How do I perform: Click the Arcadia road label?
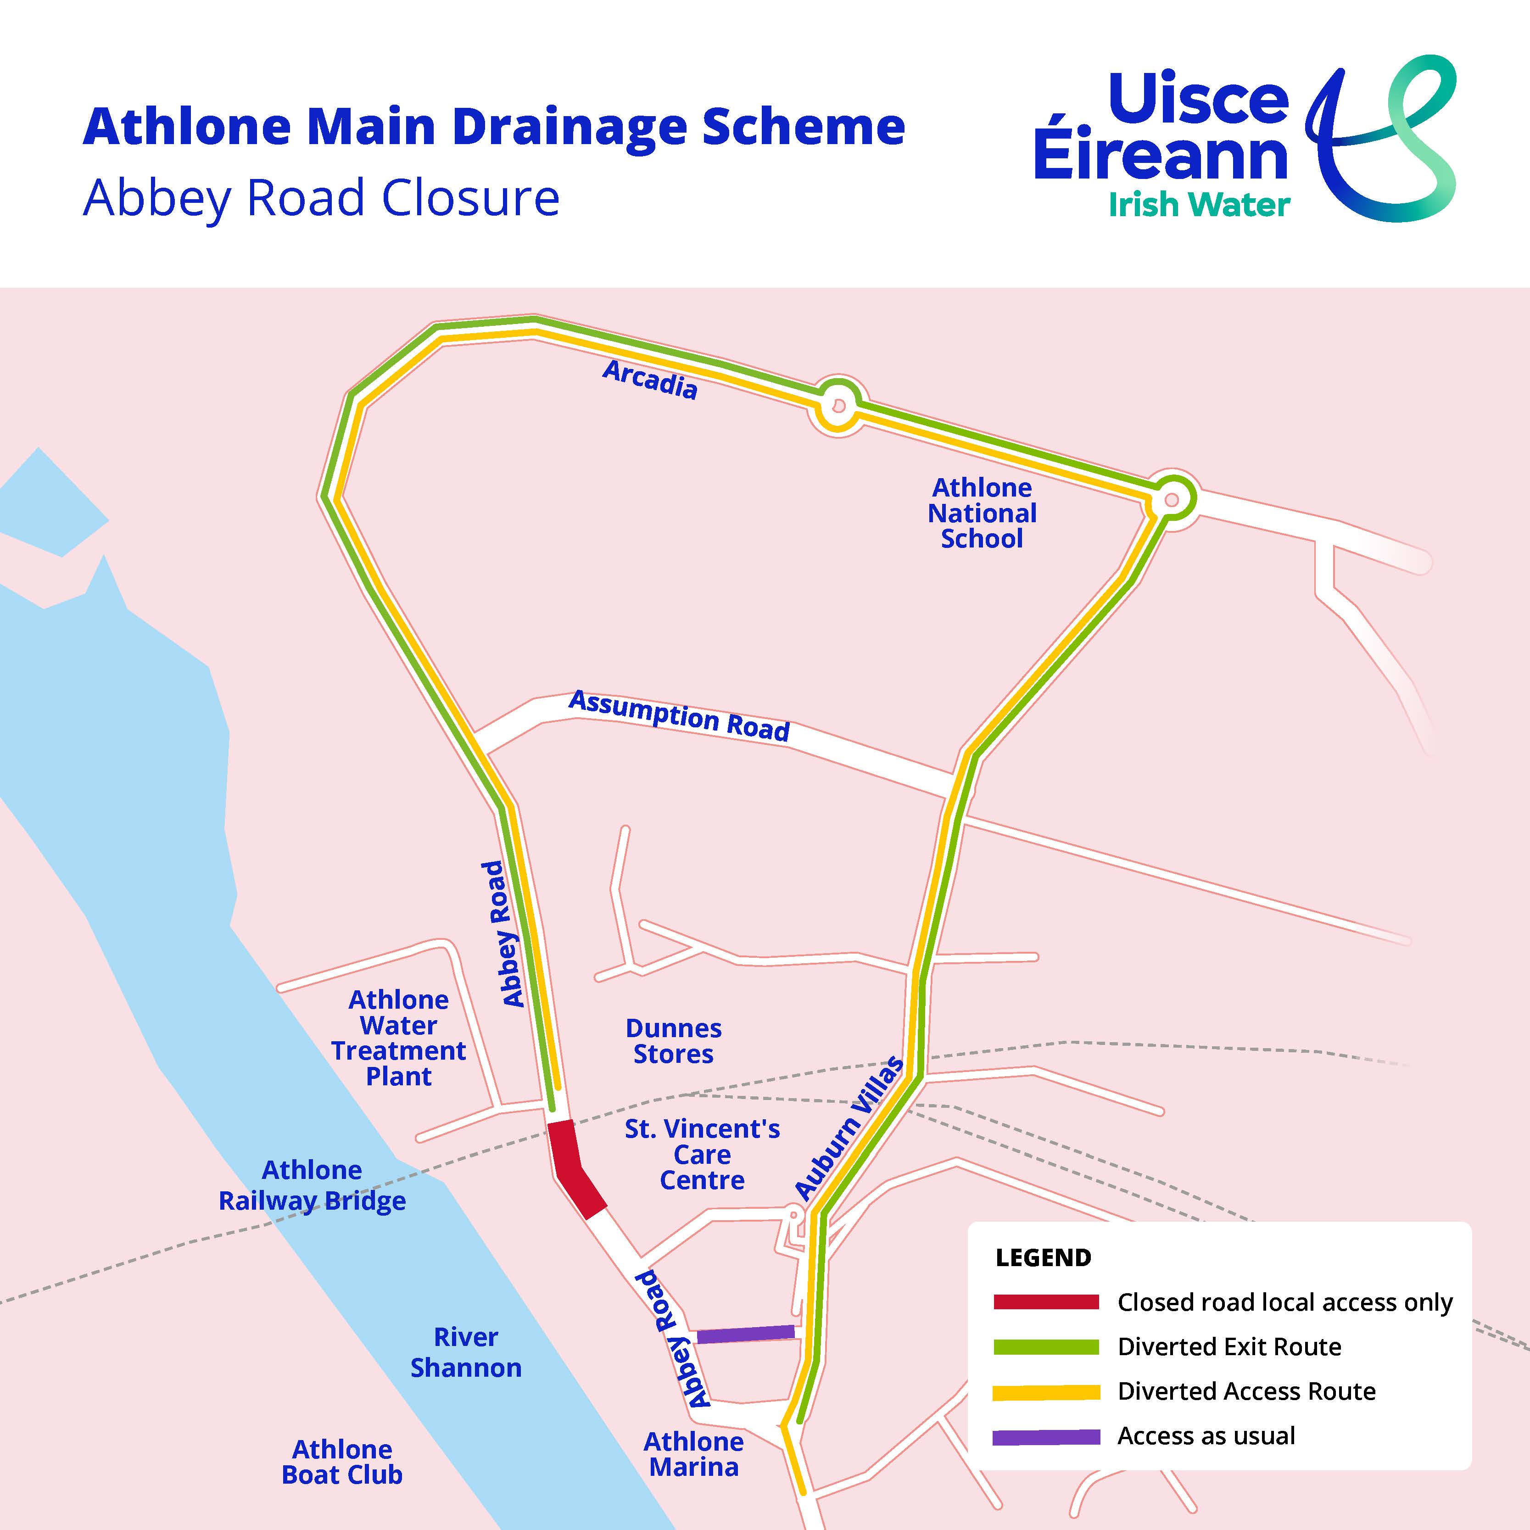pyautogui.click(x=650, y=380)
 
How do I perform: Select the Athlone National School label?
pyautogui.click(x=982, y=513)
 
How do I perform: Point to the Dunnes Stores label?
pyautogui.click(x=673, y=1041)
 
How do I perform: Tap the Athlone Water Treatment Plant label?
pyautogui.click(x=398, y=1038)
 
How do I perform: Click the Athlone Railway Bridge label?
pyautogui.click(x=312, y=1185)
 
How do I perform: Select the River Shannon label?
pyautogui.click(x=466, y=1352)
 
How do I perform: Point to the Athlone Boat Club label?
pyautogui.click(x=342, y=1462)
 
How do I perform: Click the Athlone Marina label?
pyautogui.click(x=694, y=1454)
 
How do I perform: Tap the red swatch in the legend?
pyautogui.click(x=1046, y=1302)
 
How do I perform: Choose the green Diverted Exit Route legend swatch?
pyautogui.click(x=1046, y=1346)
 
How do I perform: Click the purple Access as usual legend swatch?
pyautogui.click(x=1046, y=1436)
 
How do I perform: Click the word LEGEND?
pyautogui.click(x=1043, y=1257)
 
